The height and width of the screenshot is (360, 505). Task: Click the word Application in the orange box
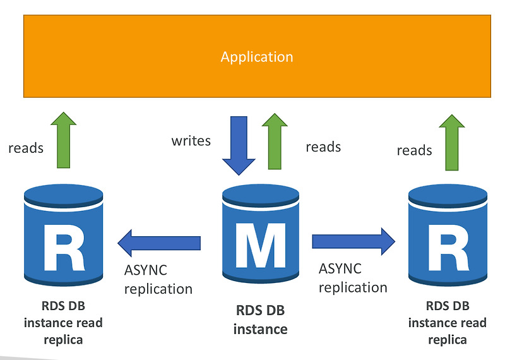257,57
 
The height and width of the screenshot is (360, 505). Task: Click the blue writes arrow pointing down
239,146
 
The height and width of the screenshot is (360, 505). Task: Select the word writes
191,141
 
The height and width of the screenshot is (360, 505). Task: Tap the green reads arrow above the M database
275,141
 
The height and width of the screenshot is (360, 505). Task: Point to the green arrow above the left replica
64,140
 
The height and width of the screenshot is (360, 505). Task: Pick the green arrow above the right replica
452,142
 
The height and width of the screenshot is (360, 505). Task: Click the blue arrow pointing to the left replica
159,243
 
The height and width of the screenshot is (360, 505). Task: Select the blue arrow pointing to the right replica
353,241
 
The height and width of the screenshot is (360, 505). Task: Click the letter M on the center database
261,245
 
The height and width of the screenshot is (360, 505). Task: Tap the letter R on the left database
64,248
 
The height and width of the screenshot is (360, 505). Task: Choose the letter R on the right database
448,248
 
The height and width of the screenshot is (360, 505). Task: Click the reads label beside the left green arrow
26,148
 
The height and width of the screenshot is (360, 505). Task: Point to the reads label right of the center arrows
323,147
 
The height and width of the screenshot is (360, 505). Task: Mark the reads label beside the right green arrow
414,150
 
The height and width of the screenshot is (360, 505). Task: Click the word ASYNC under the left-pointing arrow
146,270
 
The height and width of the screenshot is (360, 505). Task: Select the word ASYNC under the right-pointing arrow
340,268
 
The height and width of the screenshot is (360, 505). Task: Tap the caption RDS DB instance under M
260,320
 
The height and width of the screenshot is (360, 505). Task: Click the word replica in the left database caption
63,340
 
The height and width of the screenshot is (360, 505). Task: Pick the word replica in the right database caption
448,340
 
